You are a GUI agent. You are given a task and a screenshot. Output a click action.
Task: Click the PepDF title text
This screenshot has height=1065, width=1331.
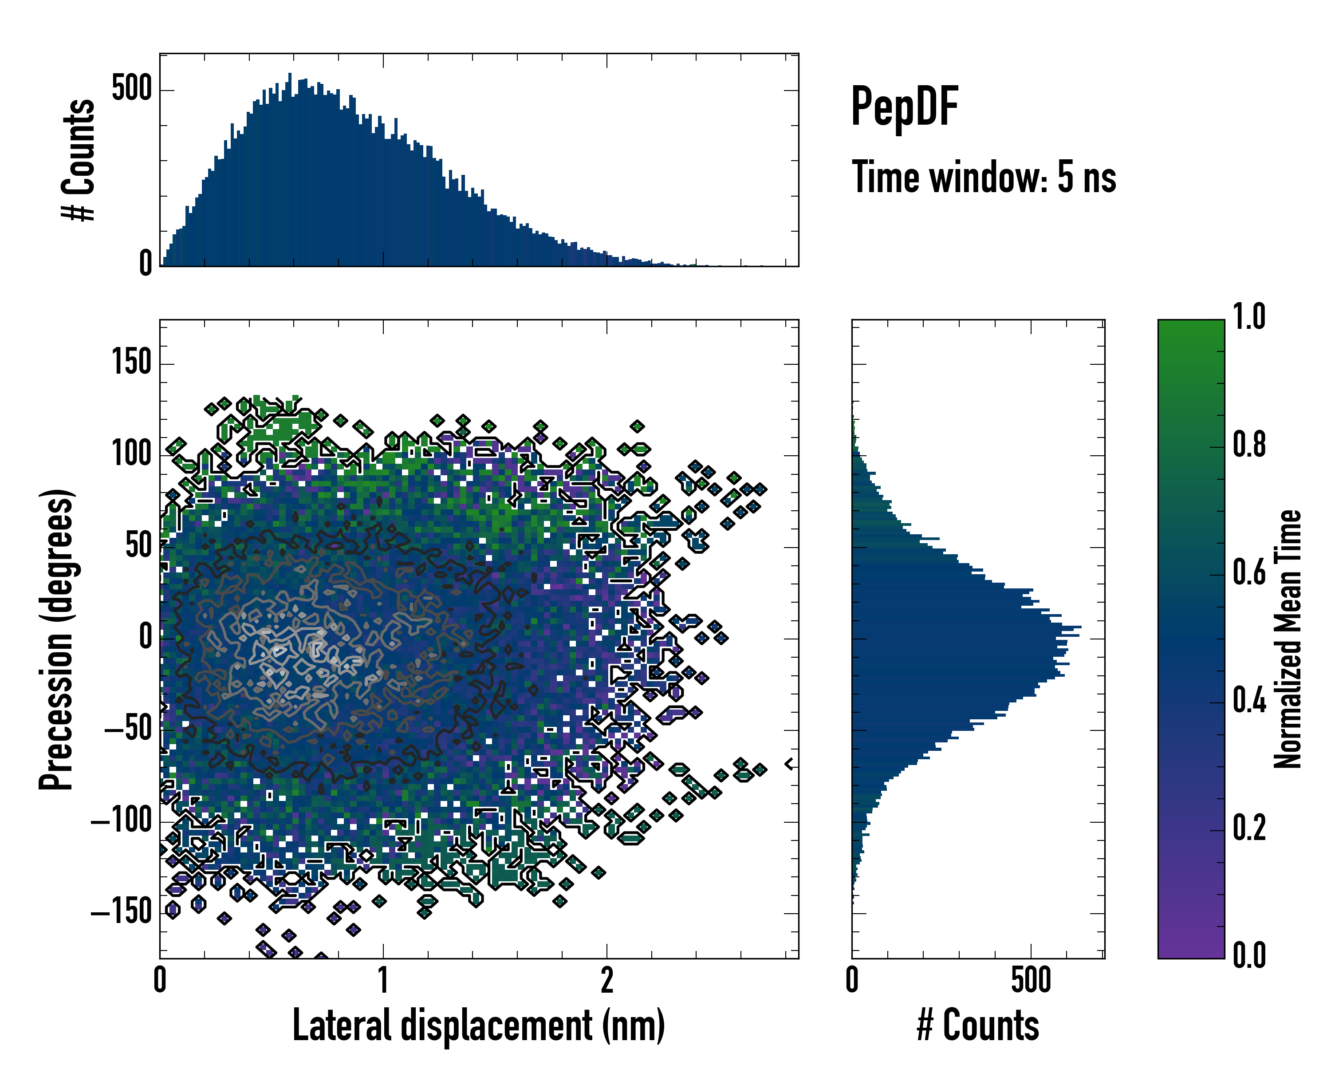[904, 107]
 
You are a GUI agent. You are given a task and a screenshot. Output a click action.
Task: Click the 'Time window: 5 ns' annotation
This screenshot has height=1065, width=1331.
[984, 177]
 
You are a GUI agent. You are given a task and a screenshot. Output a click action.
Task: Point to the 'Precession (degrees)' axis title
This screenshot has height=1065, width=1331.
[57, 639]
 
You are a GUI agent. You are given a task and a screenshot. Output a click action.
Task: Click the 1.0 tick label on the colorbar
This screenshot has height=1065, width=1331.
[1249, 317]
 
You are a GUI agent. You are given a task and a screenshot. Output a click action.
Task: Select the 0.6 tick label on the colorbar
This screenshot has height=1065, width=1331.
[1249, 572]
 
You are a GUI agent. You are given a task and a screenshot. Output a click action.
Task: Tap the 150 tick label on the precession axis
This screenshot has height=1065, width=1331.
[131, 363]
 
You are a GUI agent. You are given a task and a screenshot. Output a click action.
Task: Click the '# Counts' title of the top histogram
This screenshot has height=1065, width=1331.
[79, 161]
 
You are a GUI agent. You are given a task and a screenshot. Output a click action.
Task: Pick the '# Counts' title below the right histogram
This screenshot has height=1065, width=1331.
[978, 1026]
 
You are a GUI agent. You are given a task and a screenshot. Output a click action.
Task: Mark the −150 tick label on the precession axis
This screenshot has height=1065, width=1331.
[121, 912]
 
